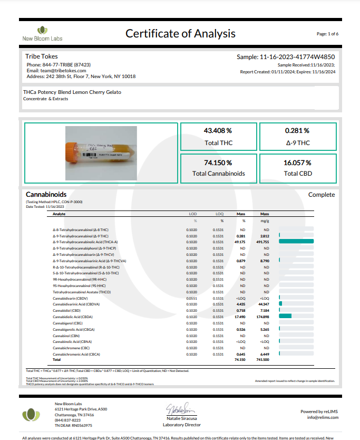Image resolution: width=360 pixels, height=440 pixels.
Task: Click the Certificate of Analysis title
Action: click(180, 34)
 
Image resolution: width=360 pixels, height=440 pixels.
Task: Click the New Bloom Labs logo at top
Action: click(42, 34)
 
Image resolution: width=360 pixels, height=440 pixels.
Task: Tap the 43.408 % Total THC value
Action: click(218, 131)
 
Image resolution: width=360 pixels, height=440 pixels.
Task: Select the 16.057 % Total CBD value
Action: click(297, 163)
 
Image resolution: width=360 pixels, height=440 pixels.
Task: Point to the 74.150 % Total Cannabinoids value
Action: click(218, 163)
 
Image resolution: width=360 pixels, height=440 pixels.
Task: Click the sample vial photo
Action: click(101, 147)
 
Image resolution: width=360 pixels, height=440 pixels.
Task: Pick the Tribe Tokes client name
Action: click(42, 56)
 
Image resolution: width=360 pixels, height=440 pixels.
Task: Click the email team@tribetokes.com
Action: click(56, 70)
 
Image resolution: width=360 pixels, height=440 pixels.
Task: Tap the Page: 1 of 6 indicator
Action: click(327, 34)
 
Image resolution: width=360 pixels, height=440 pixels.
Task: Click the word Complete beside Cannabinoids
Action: click(322, 195)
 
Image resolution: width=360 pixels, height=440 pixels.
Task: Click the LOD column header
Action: click(193, 214)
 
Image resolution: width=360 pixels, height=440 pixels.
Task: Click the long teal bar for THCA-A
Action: click(296, 242)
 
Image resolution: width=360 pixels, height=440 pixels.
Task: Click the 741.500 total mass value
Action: click(262, 359)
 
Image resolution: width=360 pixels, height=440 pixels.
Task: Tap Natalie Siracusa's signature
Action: click(182, 408)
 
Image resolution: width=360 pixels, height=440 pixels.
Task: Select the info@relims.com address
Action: click(323, 417)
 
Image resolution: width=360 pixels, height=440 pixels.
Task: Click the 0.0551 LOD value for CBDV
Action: click(192, 299)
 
